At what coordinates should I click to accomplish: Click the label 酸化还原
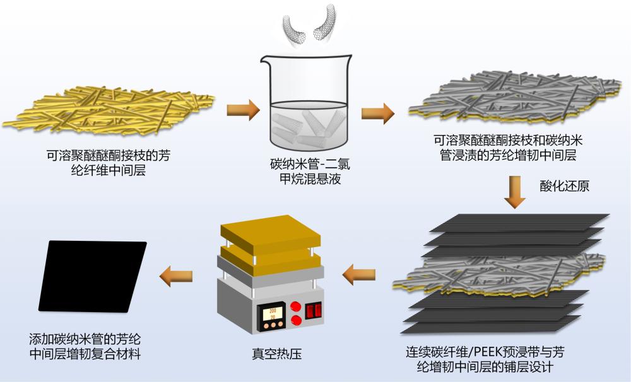click(x=564, y=187)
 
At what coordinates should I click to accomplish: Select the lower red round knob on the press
click(x=294, y=321)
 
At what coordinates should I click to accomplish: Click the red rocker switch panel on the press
click(x=314, y=311)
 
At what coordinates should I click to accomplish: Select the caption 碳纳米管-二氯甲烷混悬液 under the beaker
click(x=305, y=173)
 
